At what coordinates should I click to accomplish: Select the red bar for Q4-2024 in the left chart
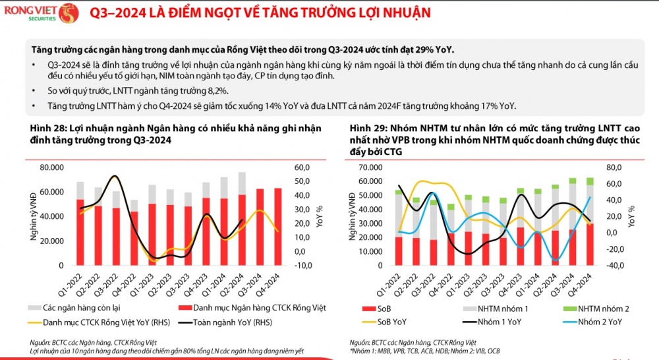click(x=277, y=226)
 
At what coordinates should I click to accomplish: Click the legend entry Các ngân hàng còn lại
click(x=79, y=308)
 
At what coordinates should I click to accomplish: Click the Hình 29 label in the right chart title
click(x=368, y=128)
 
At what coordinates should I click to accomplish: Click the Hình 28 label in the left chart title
click(x=47, y=128)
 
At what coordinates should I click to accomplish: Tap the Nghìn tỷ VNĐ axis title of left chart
click(x=34, y=217)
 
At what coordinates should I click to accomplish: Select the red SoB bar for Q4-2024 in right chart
click(x=588, y=245)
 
